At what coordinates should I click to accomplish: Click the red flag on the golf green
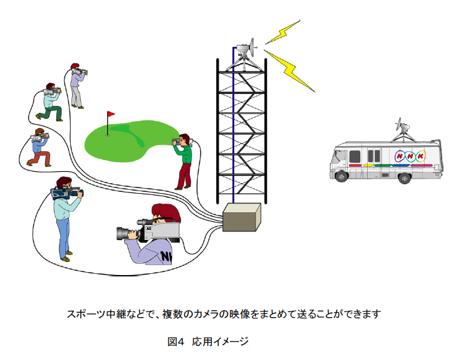click(x=111, y=115)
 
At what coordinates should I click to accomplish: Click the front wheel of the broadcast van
click(x=341, y=175)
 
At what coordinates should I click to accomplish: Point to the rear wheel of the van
click(x=405, y=179)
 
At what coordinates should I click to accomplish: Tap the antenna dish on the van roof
click(x=402, y=128)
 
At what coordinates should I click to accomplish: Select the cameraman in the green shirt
click(x=184, y=160)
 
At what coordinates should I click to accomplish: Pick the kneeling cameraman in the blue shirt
click(x=40, y=148)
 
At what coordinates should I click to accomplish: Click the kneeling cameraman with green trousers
click(x=49, y=103)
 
